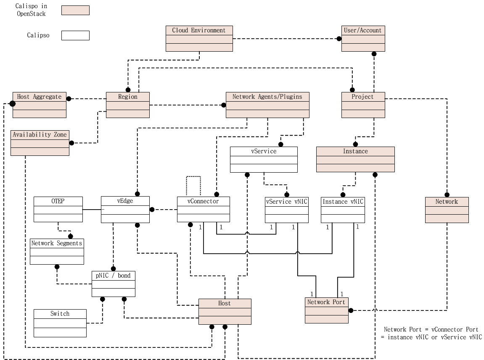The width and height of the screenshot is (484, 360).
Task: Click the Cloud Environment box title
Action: point(199,30)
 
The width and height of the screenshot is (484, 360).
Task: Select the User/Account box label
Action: point(363,30)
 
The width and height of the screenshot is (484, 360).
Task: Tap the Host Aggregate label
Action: point(39,97)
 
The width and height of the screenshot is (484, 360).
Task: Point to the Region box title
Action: point(127,97)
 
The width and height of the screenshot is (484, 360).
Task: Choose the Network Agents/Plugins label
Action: point(267,97)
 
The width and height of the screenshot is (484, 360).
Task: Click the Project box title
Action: point(363,97)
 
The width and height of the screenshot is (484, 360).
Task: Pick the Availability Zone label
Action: point(40,134)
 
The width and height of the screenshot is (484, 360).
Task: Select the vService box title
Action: point(264,151)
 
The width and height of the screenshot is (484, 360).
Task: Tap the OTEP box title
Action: point(58,201)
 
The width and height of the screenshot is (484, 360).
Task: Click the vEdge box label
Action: point(125,201)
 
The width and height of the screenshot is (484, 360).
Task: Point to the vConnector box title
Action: point(203,201)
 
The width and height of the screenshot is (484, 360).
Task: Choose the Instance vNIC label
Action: point(343,202)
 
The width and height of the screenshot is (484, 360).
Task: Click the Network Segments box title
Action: point(57,243)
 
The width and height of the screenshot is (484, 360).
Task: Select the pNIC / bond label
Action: point(113,276)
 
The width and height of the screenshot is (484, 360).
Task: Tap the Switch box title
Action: point(60,314)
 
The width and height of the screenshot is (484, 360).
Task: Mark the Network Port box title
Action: point(326,302)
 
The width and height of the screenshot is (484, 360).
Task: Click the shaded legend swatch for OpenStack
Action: point(75,10)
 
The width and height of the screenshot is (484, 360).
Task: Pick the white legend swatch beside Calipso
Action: point(75,35)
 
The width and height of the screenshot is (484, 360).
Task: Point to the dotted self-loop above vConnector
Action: point(193,177)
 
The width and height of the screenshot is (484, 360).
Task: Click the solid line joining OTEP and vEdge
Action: point(92,209)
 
